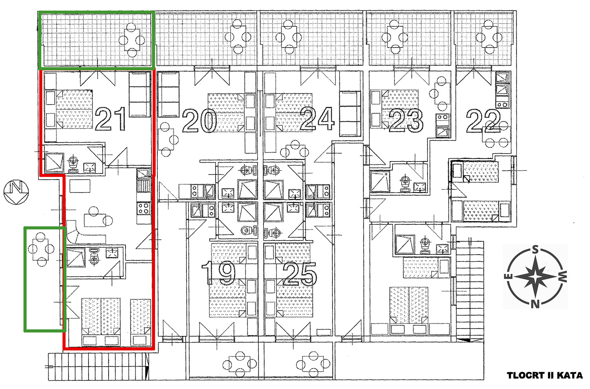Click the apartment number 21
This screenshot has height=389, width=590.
111,119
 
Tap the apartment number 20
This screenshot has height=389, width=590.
199,121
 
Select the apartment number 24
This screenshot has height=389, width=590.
317,119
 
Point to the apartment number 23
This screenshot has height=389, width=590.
406,121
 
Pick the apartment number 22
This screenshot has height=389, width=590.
483,121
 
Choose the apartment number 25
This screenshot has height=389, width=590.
300,274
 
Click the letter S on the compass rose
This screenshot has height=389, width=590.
535,249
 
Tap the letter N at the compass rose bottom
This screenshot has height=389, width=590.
535,304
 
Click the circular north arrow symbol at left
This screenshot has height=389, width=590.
16,192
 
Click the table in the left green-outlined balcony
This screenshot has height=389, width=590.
41,249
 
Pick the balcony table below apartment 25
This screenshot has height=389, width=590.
313,364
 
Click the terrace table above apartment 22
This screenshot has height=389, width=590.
490,37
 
